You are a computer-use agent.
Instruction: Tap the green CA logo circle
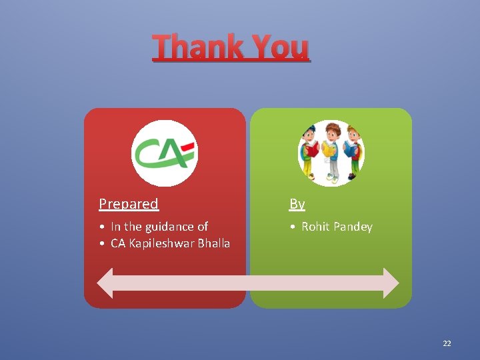coord(164,153)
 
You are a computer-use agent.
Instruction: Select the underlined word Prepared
coord(129,204)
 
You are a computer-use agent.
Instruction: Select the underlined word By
coord(297,204)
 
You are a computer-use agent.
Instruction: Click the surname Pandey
coord(353,227)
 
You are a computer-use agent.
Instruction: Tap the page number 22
coord(447,343)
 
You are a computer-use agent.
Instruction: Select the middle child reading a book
coord(331,152)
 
